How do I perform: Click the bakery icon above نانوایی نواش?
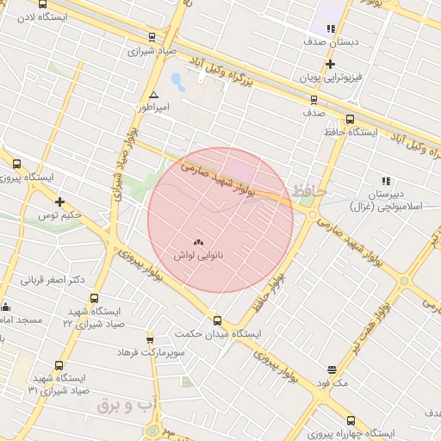click(x=199, y=244)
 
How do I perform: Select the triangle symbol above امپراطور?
click(x=153, y=95)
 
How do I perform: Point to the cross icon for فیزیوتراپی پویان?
click(x=330, y=64)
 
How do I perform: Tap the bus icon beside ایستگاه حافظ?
click(x=350, y=119)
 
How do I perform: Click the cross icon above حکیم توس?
click(x=59, y=202)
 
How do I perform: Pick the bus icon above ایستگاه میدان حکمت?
click(x=217, y=320)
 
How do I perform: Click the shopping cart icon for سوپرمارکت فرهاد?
click(x=151, y=340)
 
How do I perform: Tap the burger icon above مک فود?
click(x=332, y=370)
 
